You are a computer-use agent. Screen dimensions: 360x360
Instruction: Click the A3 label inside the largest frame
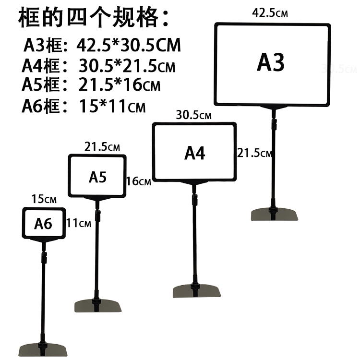pyautogui.click(x=271, y=62)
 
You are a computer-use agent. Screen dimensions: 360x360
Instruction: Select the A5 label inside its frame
pyautogui.click(x=97, y=177)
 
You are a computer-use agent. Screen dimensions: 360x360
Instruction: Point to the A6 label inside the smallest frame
pyautogui.click(x=43, y=224)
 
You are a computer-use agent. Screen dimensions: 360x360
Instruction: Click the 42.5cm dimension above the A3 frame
pyautogui.click(x=270, y=13)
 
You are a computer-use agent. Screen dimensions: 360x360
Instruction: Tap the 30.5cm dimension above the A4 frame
pyautogui.click(x=193, y=115)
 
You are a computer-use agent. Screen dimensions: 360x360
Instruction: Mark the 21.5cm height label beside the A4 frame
pyautogui.click(x=254, y=153)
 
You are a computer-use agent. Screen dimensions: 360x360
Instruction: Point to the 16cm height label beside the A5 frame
pyautogui.click(x=138, y=181)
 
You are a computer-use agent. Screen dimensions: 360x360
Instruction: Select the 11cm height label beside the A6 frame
pyautogui.click(x=79, y=223)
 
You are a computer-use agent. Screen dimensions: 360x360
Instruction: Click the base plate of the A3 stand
pyautogui.click(x=274, y=214)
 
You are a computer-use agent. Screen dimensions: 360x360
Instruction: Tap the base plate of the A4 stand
pyautogui.click(x=196, y=291)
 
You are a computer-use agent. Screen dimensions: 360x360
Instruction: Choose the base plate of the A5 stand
pyautogui.click(x=98, y=306)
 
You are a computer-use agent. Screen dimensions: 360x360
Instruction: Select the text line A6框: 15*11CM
pyautogui.click(x=83, y=106)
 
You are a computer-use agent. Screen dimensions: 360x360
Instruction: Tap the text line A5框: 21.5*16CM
pyautogui.click(x=91, y=85)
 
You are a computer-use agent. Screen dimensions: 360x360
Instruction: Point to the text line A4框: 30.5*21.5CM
pyautogui.click(x=98, y=66)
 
